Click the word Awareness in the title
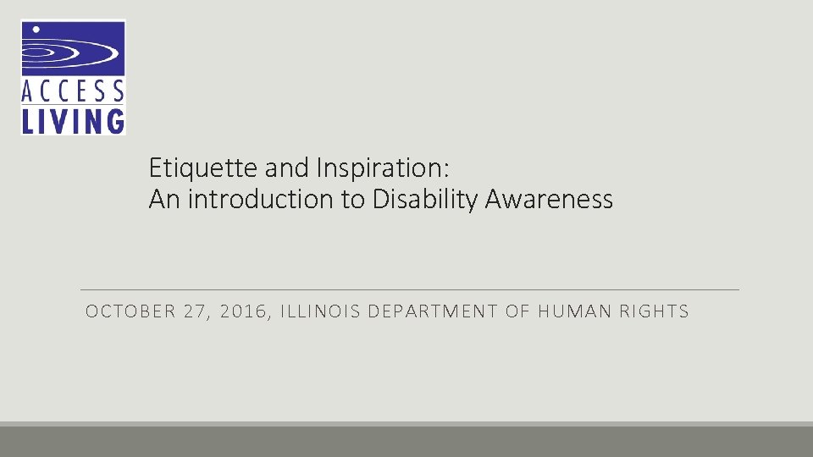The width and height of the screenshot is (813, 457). pyautogui.click(x=549, y=200)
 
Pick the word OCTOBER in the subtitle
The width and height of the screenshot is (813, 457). pyautogui.click(x=128, y=311)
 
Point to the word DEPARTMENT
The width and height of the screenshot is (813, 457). pyautogui.click(x=432, y=311)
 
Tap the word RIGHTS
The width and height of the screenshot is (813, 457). pyautogui.click(x=655, y=311)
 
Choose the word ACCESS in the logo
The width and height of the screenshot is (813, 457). pyautogui.click(x=73, y=90)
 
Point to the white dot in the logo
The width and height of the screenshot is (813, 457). pyautogui.click(x=36, y=30)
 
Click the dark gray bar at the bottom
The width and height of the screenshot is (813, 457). pyautogui.click(x=406, y=442)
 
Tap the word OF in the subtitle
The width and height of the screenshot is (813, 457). pyautogui.click(x=517, y=311)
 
